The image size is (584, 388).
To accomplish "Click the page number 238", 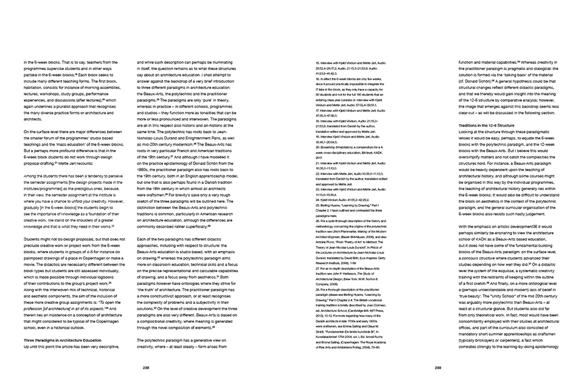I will [145, 367].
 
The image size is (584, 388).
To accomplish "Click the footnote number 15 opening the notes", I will [319, 63].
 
